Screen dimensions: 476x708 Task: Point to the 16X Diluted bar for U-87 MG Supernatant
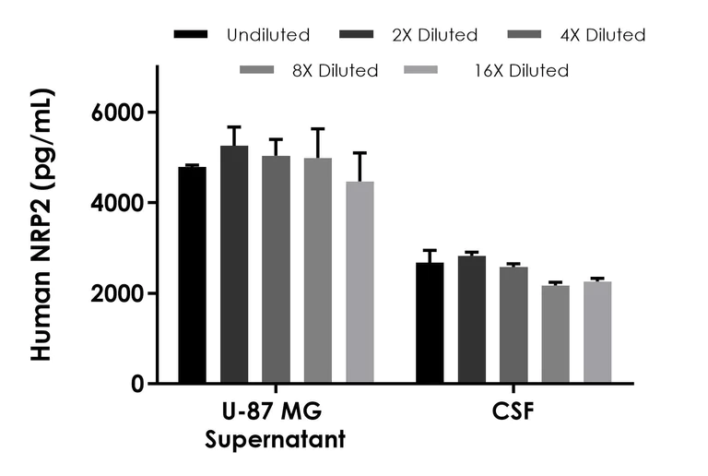[x=360, y=282]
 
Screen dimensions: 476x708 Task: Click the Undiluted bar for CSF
[x=430, y=323]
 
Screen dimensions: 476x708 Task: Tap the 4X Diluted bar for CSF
[x=513, y=325]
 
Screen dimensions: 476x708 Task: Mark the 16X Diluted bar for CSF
[x=597, y=332]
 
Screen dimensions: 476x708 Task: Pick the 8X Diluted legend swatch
[x=257, y=70]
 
